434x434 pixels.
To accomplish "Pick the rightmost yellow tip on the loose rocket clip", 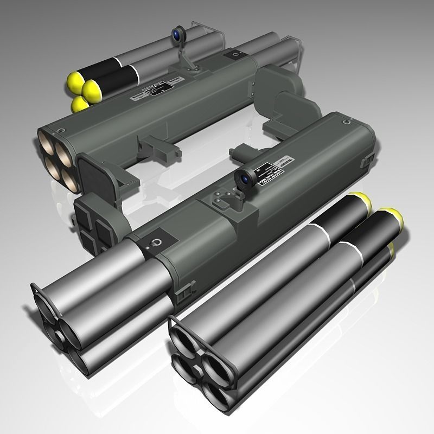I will tap(394, 217).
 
